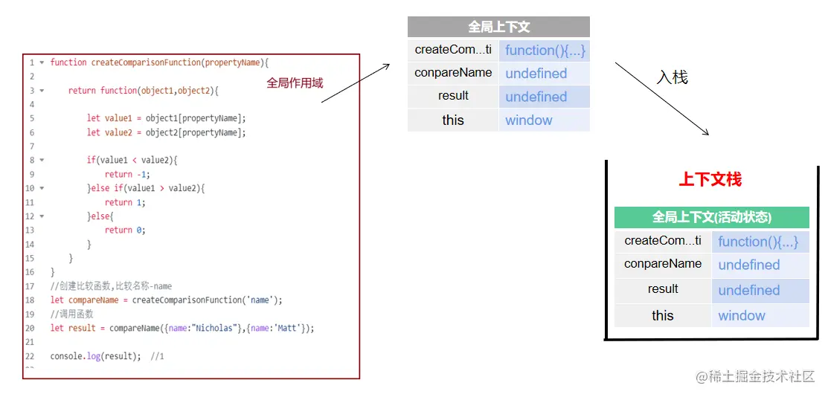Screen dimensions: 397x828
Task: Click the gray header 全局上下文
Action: pyautogui.click(x=498, y=27)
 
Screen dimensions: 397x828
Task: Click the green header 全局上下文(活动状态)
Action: pyautogui.click(x=711, y=217)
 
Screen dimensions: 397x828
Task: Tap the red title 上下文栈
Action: pyautogui.click(x=710, y=180)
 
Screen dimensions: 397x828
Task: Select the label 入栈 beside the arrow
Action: pyautogui.click(x=673, y=77)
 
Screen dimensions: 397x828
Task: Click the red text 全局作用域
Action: pyautogui.click(x=295, y=83)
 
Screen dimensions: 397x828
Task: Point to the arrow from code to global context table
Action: pyautogui.click(x=356, y=83)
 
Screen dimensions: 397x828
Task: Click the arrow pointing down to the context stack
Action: pyautogui.click(x=662, y=99)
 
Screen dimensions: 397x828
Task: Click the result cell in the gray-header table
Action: pyautogui.click(x=453, y=96)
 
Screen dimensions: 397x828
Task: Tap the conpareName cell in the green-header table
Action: pyautogui.click(x=663, y=264)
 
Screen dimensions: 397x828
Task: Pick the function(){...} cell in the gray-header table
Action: pyautogui.click(x=545, y=51)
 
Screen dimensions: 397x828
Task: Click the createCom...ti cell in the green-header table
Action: pyautogui.click(x=663, y=241)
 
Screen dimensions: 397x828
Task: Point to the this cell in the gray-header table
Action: pyautogui.click(x=453, y=120)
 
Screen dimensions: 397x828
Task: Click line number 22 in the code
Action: pyautogui.click(x=31, y=357)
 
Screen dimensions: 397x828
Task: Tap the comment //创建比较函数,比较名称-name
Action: pyautogui.click(x=111, y=286)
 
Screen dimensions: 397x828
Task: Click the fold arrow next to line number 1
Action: pyautogui.click(x=42, y=62)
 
